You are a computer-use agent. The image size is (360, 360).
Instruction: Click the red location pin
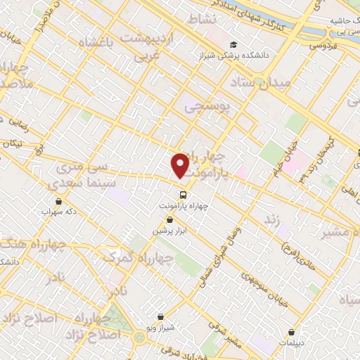point(181,165)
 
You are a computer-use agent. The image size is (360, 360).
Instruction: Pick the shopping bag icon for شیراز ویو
point(162,317)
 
